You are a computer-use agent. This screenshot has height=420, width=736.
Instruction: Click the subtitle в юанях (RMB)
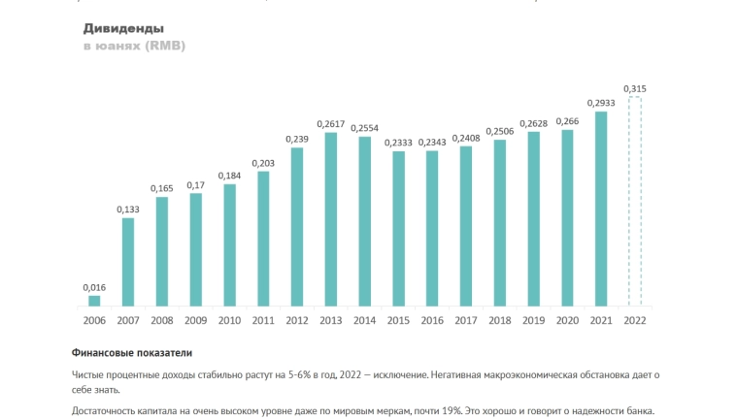[134, 47]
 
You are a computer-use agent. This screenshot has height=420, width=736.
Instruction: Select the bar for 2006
[94, 301]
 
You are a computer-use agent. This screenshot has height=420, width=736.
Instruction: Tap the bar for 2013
[330, 219]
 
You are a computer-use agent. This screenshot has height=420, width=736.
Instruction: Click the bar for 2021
[601, 209]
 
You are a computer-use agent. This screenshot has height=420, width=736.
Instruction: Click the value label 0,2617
[330, 124]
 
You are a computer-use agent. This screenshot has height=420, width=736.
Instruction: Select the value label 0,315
[634, 89]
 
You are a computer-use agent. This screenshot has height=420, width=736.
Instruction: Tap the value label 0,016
[94, 287]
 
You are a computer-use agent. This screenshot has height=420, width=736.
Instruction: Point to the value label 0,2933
[601, 103]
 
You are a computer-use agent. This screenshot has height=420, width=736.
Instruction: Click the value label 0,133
[128, 210]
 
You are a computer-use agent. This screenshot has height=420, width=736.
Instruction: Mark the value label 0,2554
[364, 128]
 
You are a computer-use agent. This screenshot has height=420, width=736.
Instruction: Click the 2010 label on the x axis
[229, 320]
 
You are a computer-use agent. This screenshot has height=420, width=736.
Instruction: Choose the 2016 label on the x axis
[432, 320]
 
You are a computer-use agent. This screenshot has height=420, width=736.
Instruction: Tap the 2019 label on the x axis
[533, 320]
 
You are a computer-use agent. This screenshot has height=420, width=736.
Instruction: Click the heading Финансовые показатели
[132, 353]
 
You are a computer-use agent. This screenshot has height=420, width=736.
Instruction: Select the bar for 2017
[466, 226]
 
